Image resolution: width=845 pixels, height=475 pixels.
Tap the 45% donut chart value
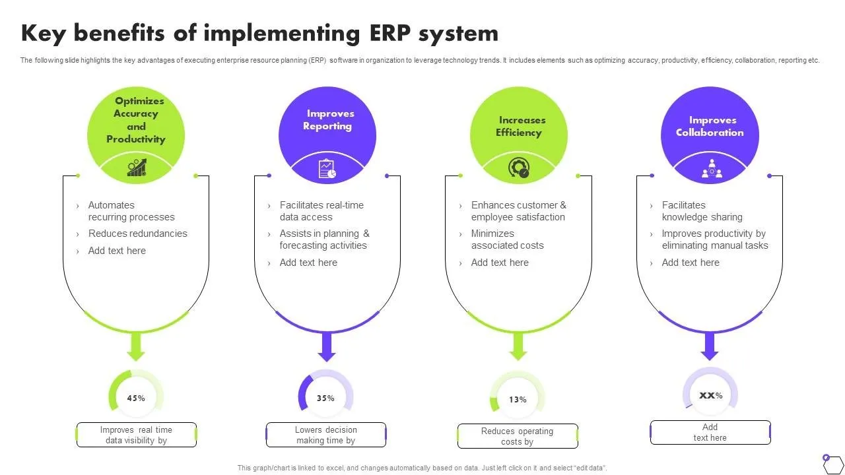click(x=136, y=398)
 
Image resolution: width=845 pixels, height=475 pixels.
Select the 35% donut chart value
click(x=326, y=398)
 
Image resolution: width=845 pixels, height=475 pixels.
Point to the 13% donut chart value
click(x=518, y=399)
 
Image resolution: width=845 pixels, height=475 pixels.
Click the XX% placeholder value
click(x=710, y=395)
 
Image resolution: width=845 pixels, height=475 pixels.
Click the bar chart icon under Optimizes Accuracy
click(x=137, y=168)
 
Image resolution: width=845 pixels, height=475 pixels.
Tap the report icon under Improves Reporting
click(x=327, y=168)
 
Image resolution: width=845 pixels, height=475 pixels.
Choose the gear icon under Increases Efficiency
click(x=519, y=168)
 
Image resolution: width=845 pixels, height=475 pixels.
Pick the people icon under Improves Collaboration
click(x=711, y=168)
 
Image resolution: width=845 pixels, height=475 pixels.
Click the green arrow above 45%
click(x=136, y=347)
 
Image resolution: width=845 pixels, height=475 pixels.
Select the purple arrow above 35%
click(x=327, y=347)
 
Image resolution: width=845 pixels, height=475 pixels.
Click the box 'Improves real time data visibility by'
click(x=137, y=435)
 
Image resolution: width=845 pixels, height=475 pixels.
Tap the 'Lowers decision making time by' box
click(x=326, y=435)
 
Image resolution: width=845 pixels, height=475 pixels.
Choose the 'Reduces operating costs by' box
click(x=518, y=436)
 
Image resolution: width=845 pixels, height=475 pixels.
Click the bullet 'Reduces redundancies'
click(x=137, y=234)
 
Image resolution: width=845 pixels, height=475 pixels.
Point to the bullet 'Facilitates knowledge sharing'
click(x=702, y=211)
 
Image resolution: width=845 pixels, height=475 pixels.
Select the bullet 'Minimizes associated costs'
click(x=507, y=239)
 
